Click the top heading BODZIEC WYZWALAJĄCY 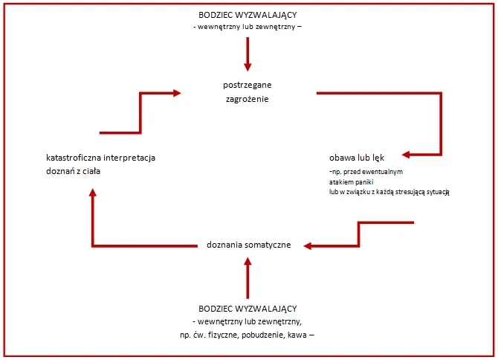(248, 16)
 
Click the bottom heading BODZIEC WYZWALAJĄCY (248, 308)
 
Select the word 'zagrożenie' (248, 99)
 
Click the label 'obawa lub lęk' (355, 158)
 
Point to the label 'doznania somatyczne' (248, 245)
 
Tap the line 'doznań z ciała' (73, 171)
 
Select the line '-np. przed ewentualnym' (360, 171)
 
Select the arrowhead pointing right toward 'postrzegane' (175, 93)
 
